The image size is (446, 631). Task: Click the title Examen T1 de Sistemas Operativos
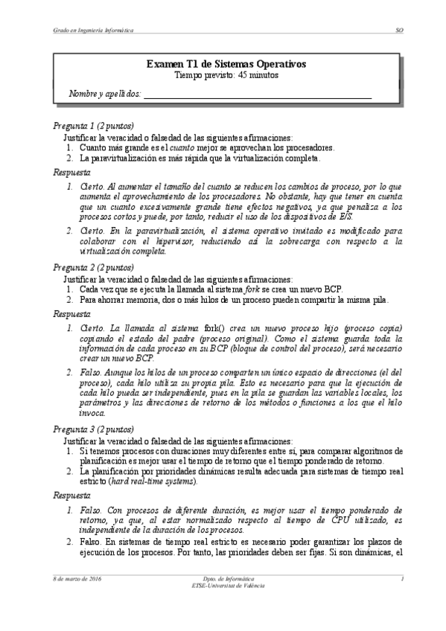(x=225, y=65)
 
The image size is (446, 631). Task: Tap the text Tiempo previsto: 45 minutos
(x=225, y=75)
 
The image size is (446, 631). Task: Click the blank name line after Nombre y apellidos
(x=257, y=95)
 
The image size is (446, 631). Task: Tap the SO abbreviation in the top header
(x=398, y=31)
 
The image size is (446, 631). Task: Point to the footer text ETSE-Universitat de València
(x=223, y=585)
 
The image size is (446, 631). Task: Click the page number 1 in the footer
(x=401, y=578)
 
